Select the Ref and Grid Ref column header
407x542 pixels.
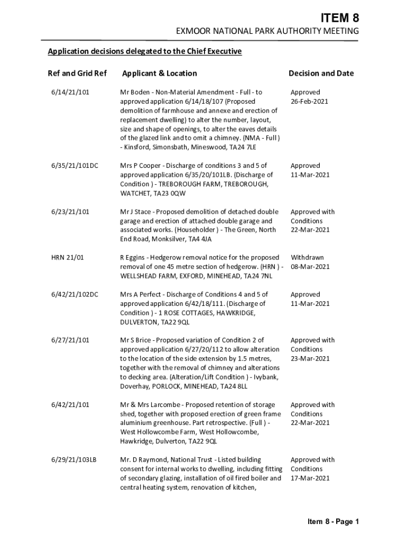(77, 74)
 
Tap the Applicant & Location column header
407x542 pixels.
(159, 74)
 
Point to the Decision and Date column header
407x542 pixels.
(321, 74)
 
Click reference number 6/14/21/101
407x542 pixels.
(70, 92)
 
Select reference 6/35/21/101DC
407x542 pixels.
(75, 166)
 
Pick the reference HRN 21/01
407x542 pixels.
(68, 258)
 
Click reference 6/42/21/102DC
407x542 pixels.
(75, 294)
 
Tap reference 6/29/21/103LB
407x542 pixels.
(74, 460)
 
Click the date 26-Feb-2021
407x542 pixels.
(310, 101)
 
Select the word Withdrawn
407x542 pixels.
(307, 258)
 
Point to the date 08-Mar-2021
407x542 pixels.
(310, 267)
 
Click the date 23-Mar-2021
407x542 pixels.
(310, 358)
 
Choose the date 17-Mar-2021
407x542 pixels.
(310, 478)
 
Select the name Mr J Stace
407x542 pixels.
(138, 212)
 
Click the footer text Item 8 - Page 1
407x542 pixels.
(334, 522)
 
